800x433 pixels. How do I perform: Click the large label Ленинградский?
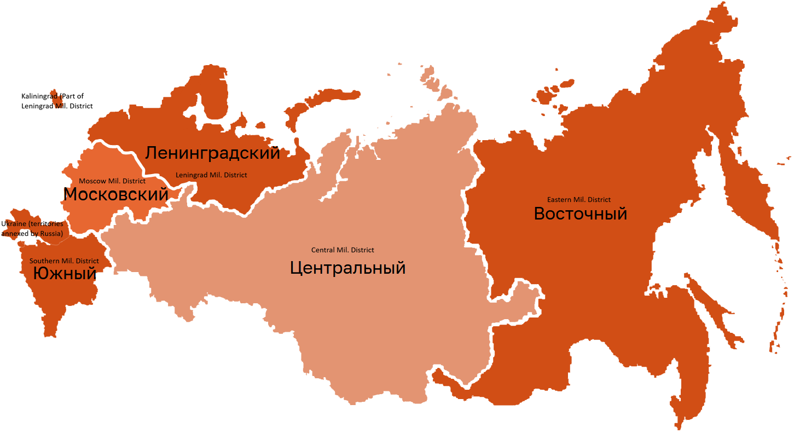pyautogui.click(x=212, y=153)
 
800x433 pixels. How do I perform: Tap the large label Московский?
pyautogui.click(x=115, y=194)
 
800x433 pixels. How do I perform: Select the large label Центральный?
pyautogui.click(x=347, y=268)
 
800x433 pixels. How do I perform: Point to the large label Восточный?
pyautogui.click(x=580, y=213)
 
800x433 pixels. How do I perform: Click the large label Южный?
pyautogui.click(x=65, y=273)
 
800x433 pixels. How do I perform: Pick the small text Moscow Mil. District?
pyautogui.click(x=112, y=181)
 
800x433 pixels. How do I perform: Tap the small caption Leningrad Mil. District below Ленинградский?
pyautogui.click(x=211, y=175)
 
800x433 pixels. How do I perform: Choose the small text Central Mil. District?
pyautogui.click(x=343, y=250)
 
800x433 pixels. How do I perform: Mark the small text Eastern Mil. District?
pyautogui.click(x=579, y=200)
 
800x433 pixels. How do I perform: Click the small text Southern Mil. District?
pyautogui.click(x=64, y=261)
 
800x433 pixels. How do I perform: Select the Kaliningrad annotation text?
pyautogui.click(x=56, y=101)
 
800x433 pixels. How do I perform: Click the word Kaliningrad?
pyautogui.click(x=39, y=96)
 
